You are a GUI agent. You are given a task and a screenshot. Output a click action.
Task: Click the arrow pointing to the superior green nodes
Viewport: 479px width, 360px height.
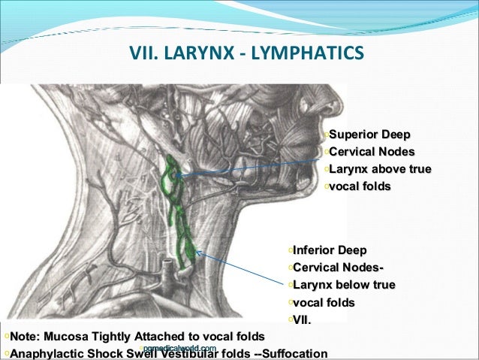[248, 165]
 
